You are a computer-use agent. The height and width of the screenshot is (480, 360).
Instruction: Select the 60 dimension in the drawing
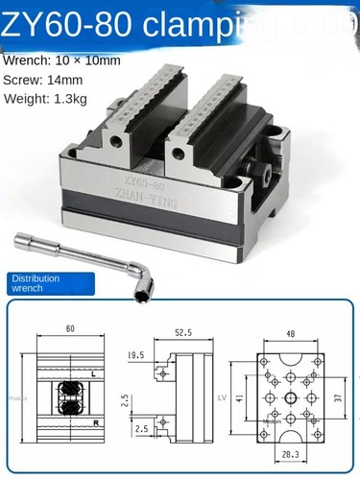point(70,328)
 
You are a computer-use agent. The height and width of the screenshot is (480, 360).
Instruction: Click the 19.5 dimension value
point(136,354)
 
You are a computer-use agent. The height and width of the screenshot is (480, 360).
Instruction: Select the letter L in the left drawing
point(91,372)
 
